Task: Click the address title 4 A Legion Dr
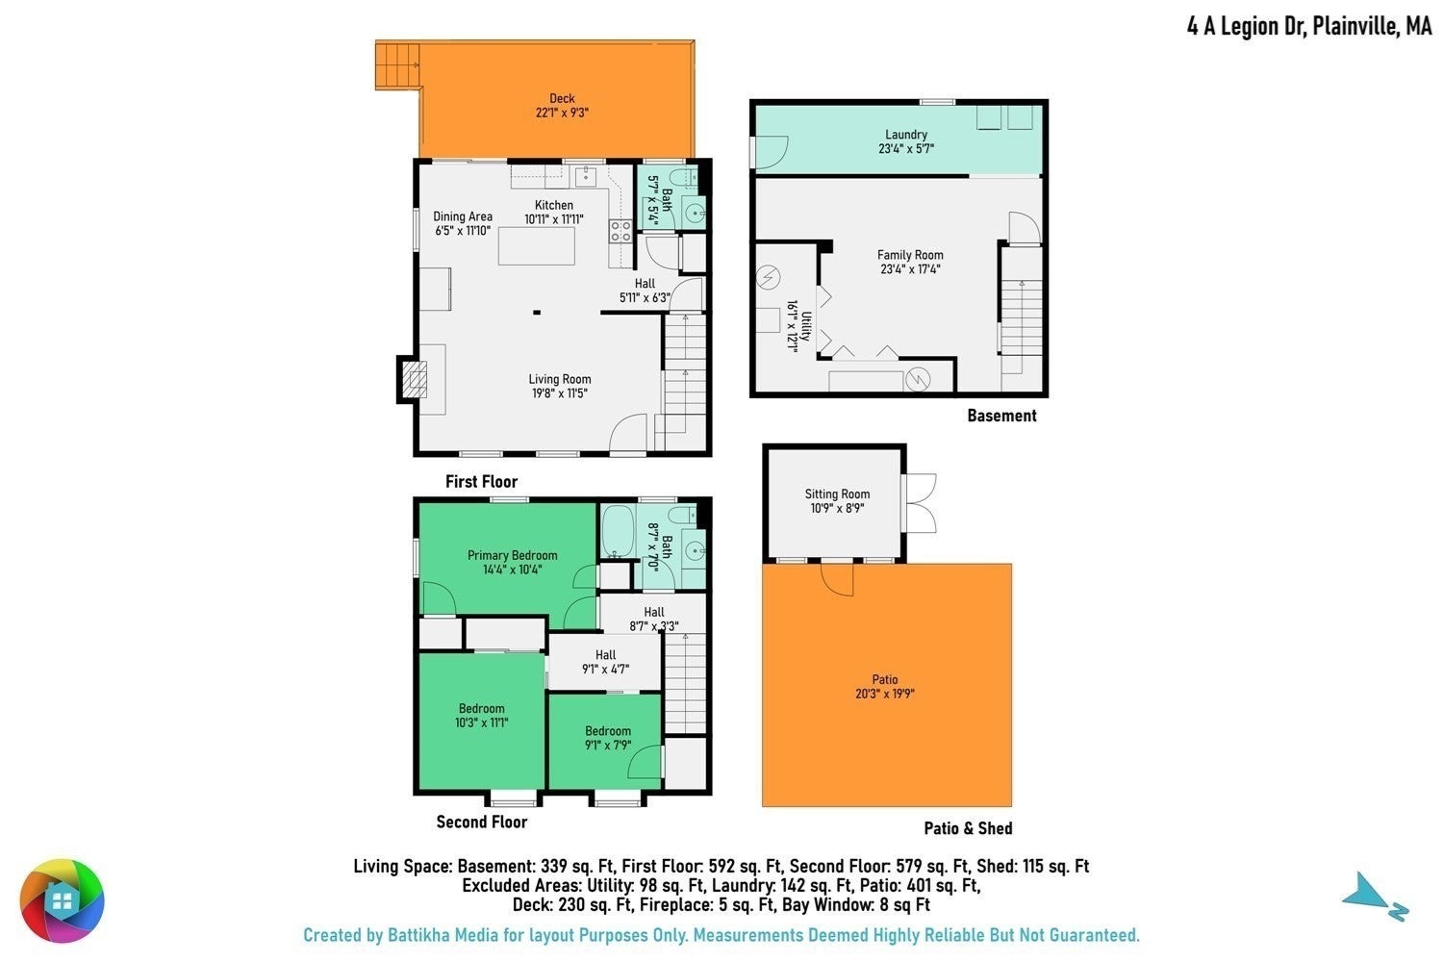tap(1248, 27)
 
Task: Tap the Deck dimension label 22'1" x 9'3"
tap(562, 113)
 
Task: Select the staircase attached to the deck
tap(397, 65)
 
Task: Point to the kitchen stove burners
tap(620, 231)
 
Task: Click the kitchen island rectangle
tap(536, 247)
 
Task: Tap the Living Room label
tap(560, 380)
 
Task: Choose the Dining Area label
tap(463, 216)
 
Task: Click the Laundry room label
tap(906, 135)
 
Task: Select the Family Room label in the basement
tap(910, 255)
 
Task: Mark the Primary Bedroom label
tap(512, 555)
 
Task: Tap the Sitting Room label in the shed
tap(837, 494)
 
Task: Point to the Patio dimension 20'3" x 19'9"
tap(884, 694)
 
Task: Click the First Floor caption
tap(481, 481)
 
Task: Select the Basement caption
tap(1001, 416)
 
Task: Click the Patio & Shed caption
tap(968, 828)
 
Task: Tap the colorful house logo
tap(62, 900)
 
